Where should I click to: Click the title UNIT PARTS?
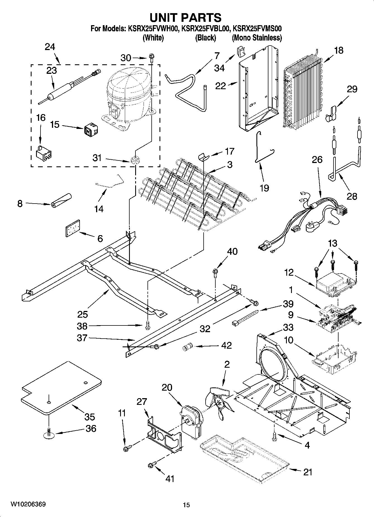[185, 17]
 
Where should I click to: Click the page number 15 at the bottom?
[186, 505]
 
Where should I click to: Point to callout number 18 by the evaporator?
[338, 51]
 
